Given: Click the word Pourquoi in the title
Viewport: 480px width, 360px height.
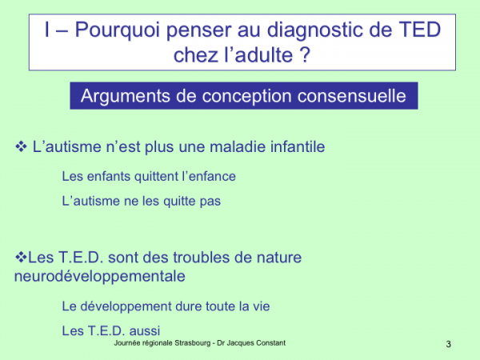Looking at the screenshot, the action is [x=118, y=30].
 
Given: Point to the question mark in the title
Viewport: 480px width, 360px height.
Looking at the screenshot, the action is [x=305, y=54].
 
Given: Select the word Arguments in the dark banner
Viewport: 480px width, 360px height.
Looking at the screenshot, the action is [x=126, y=96].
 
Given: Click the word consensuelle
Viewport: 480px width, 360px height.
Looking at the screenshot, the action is [x=352, y=96].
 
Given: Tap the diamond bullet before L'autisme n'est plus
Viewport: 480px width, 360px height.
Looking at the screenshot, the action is [x=21, y=146].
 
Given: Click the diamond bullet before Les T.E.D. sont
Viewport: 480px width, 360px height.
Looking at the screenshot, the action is [x=21, y=257].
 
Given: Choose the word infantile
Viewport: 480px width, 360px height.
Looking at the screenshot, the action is [x=298, y=146].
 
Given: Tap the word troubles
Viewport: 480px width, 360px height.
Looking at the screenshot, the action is [x=202, y=257].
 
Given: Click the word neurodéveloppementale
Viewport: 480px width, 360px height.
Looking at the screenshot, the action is [x=100, y=277].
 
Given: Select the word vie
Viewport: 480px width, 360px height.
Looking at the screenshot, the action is [x=262, y=306].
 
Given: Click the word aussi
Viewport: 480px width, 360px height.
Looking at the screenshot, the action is [x=145, y=331].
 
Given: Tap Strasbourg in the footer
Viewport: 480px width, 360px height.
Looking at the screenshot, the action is [x=193, y=343].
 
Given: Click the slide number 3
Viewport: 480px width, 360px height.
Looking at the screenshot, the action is [x=449, y=344].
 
